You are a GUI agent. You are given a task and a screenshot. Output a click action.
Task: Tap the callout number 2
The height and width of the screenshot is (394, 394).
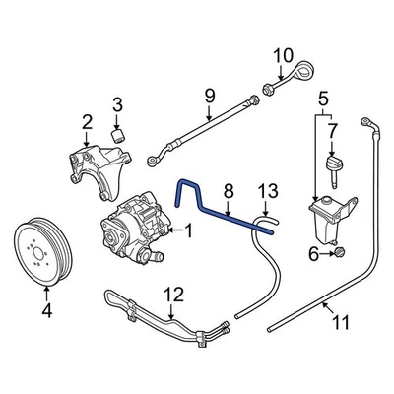coord(86,122)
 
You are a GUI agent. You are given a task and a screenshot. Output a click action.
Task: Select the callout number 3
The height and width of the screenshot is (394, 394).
coord(117,104)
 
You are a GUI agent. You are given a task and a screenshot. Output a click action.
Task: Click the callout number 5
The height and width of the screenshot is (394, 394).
coord(322,98)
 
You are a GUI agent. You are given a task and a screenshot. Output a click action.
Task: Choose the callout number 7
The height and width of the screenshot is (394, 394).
coord(332,130)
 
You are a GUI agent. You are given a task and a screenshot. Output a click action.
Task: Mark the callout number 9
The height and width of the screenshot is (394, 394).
coord(209,96)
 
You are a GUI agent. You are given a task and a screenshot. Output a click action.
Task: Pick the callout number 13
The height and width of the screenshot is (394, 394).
coord(263,190)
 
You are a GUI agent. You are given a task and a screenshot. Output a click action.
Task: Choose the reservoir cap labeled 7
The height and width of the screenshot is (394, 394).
coord(332,164)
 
